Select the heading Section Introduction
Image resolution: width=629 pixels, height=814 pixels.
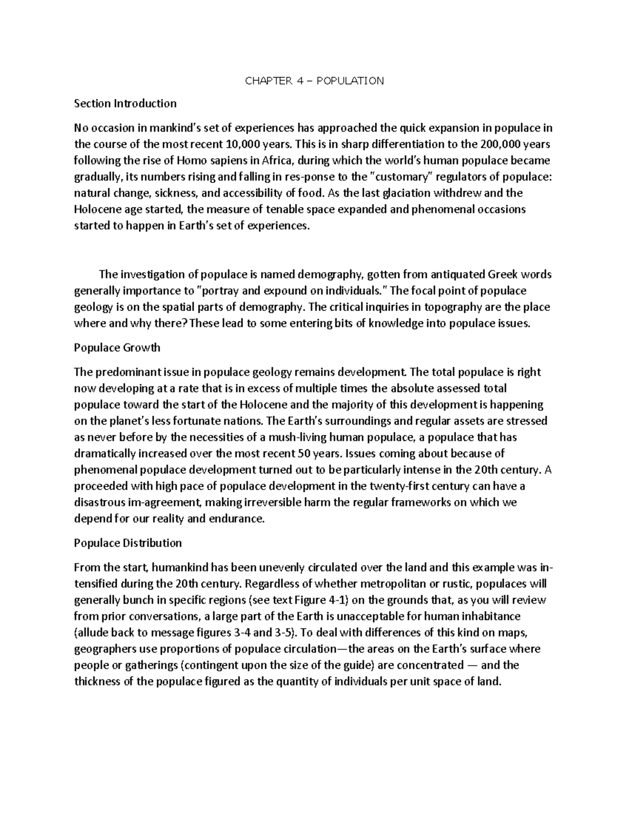tap(125, 103)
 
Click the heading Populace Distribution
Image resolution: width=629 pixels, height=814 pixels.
tap(128, 543)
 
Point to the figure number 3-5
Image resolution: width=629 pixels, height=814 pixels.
tap(280, 633)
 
